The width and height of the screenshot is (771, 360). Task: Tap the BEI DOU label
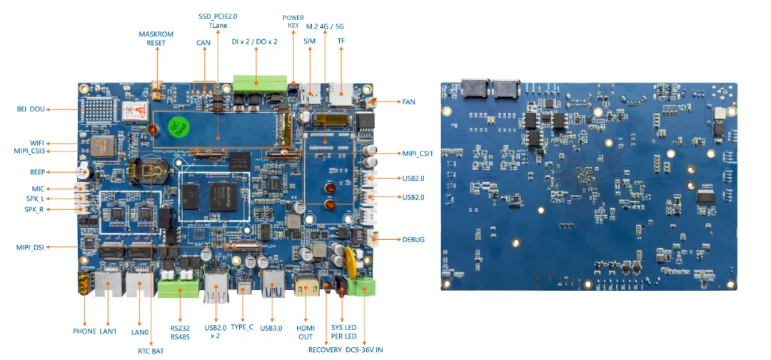[31, 109]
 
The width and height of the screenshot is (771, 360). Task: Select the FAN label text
[408, 102]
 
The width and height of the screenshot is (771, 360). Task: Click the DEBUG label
[413, 239]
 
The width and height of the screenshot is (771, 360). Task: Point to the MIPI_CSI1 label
[418, 153]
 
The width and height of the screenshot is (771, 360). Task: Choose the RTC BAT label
[151, 350]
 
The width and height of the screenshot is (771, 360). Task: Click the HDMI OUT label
[306, 332]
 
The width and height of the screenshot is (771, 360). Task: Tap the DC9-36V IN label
[364, 349]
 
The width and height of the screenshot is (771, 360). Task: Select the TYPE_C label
[242, 327]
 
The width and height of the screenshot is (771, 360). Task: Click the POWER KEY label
[293, 21]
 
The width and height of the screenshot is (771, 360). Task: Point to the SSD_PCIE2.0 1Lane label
[218, 21]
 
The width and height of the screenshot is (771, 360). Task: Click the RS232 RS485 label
[180, 332]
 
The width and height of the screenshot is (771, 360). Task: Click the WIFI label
[37, 143]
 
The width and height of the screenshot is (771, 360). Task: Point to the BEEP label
[37, 172]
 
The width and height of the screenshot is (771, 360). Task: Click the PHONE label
[85, 331]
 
